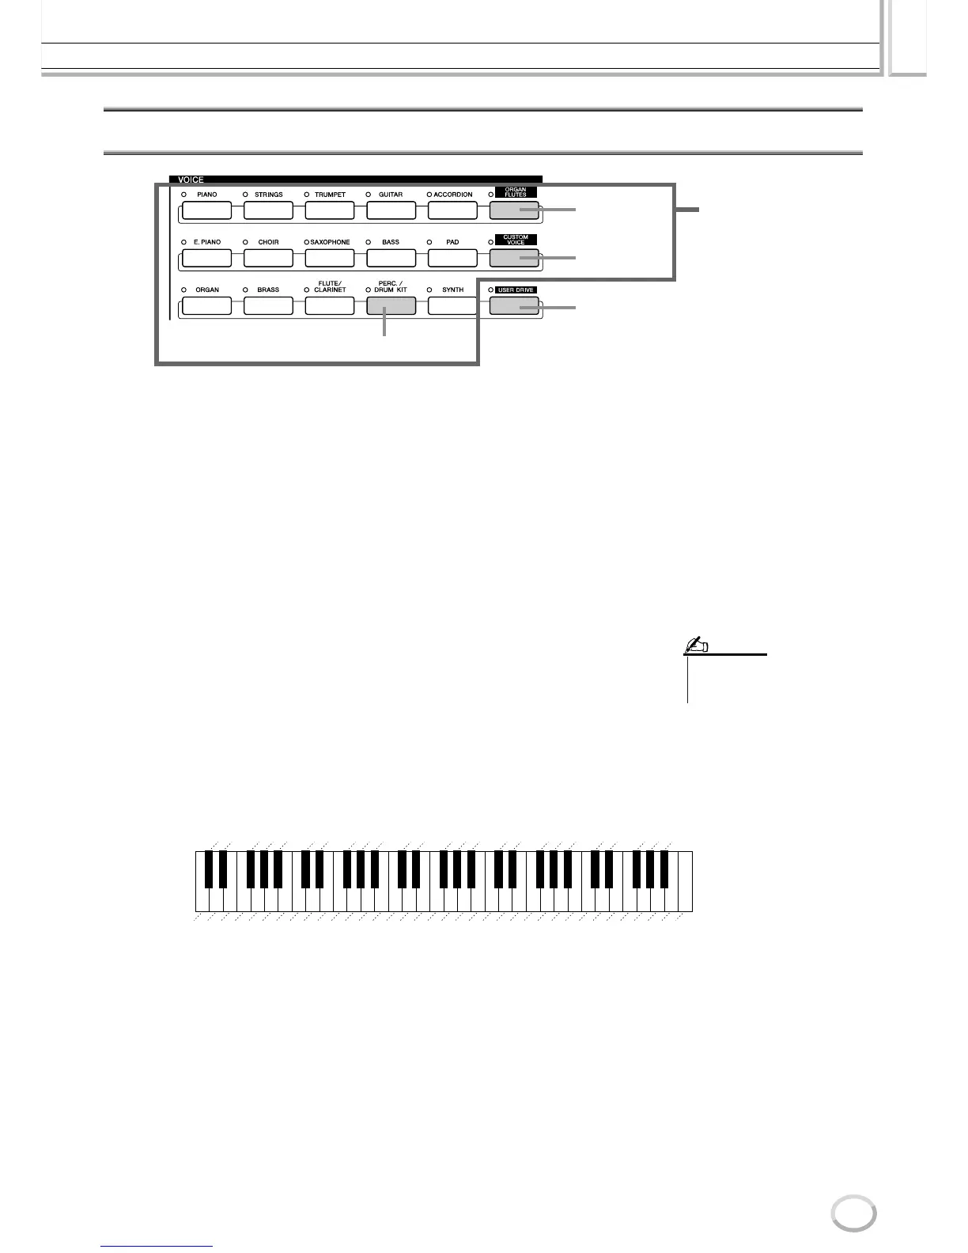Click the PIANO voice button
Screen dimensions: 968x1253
pyautogui.click(x=206, y=210)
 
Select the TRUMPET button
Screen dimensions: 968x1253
pyautogui.click(x=330, y=210)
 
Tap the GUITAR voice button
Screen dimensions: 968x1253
pyautogui.click(x=391, y=210)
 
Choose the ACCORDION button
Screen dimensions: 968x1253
pyautogui.click(x=452, y=210)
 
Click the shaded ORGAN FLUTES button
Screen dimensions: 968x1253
pyautogui.click(x=513, y=210)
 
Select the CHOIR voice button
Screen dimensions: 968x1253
pyautogui.click(x=268, y=258)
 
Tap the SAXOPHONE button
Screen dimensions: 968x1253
pyautogui.click(x=330, y=258)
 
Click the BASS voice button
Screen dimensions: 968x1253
pyautogui.click(x=391, y=258)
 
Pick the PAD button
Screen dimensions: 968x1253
pyautogui.click(x=452, y=258)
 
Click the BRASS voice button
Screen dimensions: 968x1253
pyautogui.click(x=268, y=306)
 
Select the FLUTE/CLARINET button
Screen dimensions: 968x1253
pyautogui.click(x=330, y=306)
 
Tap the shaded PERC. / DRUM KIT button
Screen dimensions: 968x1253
pyautogui.click(x=391, y=306)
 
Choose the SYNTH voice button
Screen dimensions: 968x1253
pyautogui.click(x=452, y=306)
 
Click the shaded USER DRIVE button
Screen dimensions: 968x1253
pyautogui.click(x=513, y=306)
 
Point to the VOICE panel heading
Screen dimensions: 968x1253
pyautogui.click(x=191, y=180)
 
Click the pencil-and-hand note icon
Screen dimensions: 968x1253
pyautogui.click(x=697, y=646)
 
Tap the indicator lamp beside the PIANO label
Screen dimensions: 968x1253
pyautogui.click(x=183, y=195)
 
